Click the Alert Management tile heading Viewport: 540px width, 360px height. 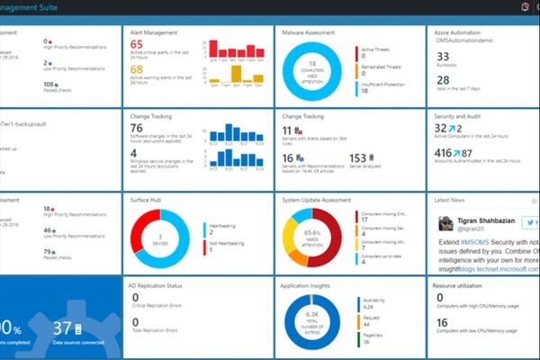coord(152,31)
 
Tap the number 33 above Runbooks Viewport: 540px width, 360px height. coord(443,56)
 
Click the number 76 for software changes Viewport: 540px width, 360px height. coord(138,128)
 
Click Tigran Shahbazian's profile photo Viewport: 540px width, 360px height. coord(446,223)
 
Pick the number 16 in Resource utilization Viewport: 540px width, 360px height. coord(441,323)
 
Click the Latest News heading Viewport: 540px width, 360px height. coord(452,199)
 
